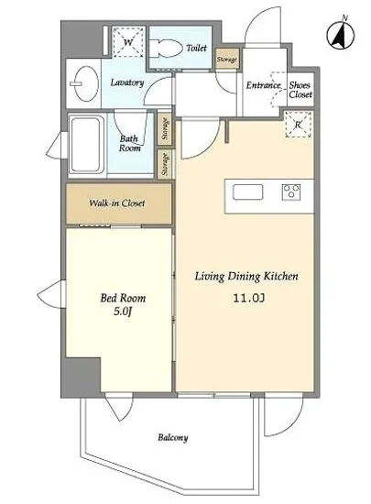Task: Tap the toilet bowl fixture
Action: (x=166, y=48)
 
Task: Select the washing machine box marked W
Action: (x=128, y=42)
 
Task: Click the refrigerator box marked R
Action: (x=299, y=125)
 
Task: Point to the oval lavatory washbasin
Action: (x=86, y=83)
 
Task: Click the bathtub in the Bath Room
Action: (x=85, y=145)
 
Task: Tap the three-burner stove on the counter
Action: (x=291, y=192)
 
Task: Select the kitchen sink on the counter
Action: (x=247, y=192)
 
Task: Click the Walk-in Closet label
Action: (x=117, y=203)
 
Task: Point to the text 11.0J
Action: (x=249, y=299)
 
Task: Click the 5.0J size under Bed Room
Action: (x=123, y=312)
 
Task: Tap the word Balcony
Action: (x=173, y=437)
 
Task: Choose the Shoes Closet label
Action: (x=300, y=90)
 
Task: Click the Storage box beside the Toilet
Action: (x=227, y=58)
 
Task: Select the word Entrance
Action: (x=264, y=85)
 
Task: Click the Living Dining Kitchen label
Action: (x=246, y=276)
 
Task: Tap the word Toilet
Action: (x=197, y=48)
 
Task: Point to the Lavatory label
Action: (x=127, y=82)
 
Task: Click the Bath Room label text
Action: (x=130, y=143)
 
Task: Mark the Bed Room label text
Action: (x=123, y=298)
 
